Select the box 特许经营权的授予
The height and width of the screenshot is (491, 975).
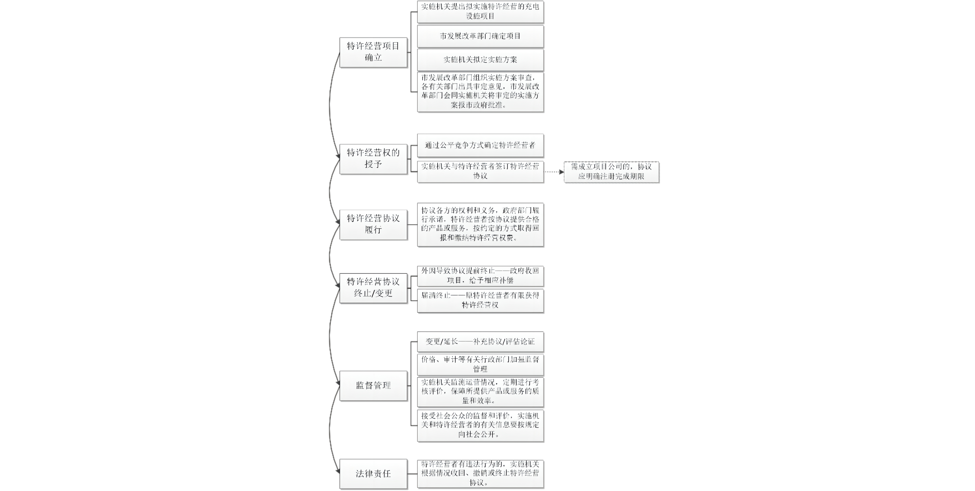[x=373, y=159]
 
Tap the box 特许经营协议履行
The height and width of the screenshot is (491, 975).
[x=373, y=224]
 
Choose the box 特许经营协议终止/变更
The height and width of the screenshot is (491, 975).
[x=373, y=288]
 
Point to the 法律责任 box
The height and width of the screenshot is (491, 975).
[x=373, y=474]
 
